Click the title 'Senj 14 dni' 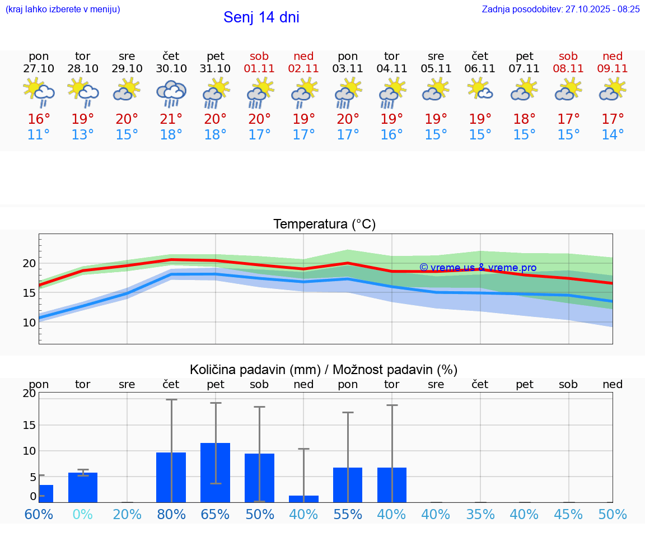(x=261, y=17)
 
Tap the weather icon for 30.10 (x=171, y=93)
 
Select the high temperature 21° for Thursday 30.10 (x=171, y=119)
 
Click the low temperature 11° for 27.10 (x=39, y=135)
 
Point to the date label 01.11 (x=259, y=68)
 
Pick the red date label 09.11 (x=613, y=68)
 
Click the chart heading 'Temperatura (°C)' (x=324, y=225)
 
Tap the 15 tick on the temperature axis (x=29, y=293)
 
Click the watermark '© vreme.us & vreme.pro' (x=478, y=268)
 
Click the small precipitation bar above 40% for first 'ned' (x=303, y=498)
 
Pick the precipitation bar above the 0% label (x=83, y=487)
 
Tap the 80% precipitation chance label (x=171, y=514)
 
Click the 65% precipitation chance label (x=216, y=514)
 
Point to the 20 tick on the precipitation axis (x=29, y=393)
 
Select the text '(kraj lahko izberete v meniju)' (x=63, y=9)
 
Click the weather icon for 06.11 (x=480, y=90)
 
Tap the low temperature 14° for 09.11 (x=613, y=135)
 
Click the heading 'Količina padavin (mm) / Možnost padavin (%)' (x=324, y=370)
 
